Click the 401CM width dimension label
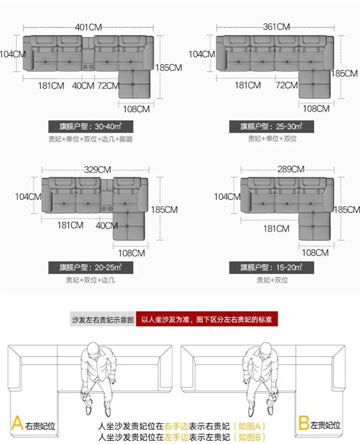[x=88, y=27]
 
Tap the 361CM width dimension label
[x=276, y=27]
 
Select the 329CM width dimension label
[x=97, y=170]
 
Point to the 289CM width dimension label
[x=291, y=169]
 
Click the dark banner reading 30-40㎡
[x=91, y=127]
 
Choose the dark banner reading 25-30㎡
[x=272, y=127]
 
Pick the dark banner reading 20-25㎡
[x=91, y=268]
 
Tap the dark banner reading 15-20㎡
[x=272, y=268]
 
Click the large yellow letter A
[x=17, y=423]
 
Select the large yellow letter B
[x=303, y=423]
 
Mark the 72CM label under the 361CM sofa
[x=287, y=85]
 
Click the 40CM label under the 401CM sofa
[x=83, y=86]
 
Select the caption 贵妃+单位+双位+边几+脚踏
[x=91, y=139]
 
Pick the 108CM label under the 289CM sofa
[x=315, y=252]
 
